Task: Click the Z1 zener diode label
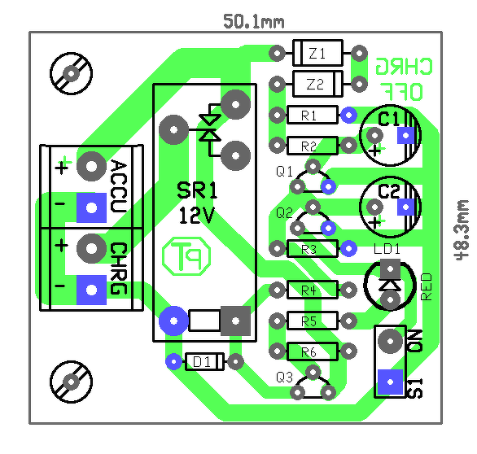pos(317,54)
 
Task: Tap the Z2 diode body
pos(318,84)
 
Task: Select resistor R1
pos(313,115)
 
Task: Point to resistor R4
pos(313,290)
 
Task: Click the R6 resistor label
pos(309,352)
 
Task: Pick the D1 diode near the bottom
pos(204,361)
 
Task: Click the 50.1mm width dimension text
pos(254,22)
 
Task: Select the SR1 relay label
pos(197,190)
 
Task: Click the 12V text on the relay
pos(197,216)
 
